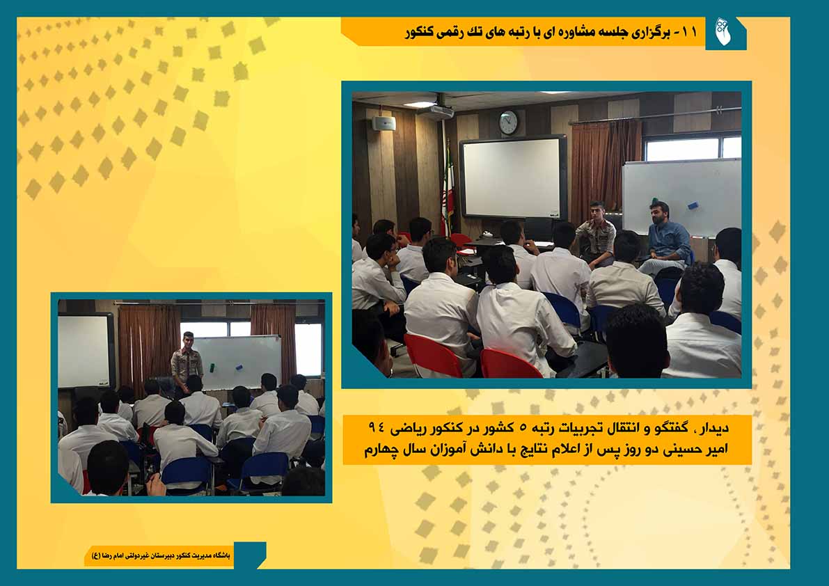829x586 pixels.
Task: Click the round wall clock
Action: click(x=509, y=122)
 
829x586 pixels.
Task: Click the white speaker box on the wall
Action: click(x=384, y=123)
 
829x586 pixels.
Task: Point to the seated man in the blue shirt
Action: click(x=667, y=238)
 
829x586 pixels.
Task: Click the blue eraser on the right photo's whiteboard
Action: click(x=692, y=205)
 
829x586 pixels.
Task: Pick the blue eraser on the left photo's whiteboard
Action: click(x=239, y=366)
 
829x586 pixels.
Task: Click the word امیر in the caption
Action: click(x=715, y=450)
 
